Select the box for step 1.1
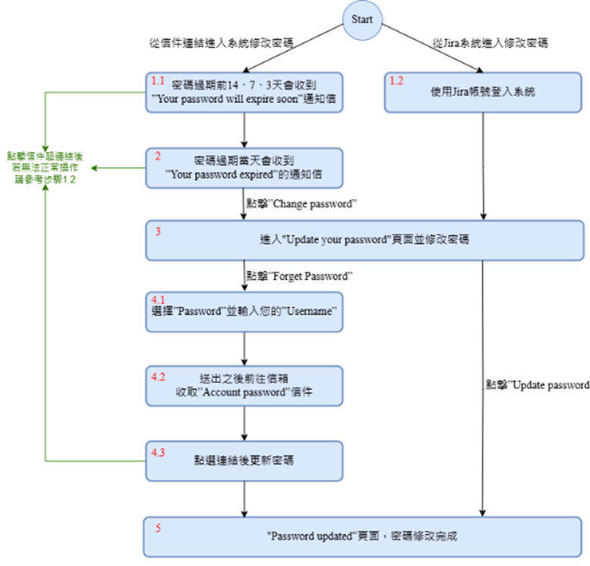245,92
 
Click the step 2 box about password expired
245,167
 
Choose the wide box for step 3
366,240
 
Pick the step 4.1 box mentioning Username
245,311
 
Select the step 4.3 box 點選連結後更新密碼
245,460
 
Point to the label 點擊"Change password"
301,204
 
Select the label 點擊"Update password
537,385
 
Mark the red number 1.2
396,80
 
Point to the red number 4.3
158,452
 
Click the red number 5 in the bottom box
158,527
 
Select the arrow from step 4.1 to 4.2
245,348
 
